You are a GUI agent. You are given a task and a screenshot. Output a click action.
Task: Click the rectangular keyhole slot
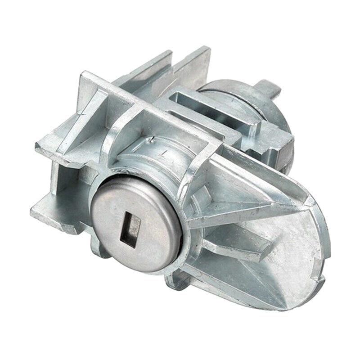pyautogui.click(x=130, y=230)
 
